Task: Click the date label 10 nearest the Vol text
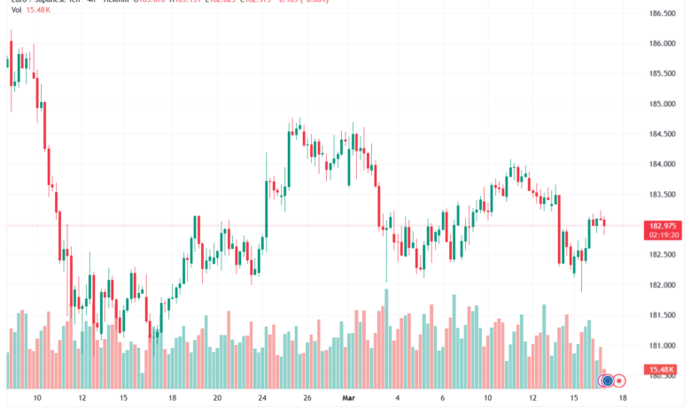pos(36,398)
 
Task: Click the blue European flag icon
pos(607,381)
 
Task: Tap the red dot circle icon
pos(620,381)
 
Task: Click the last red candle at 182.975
pos(605,226)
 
